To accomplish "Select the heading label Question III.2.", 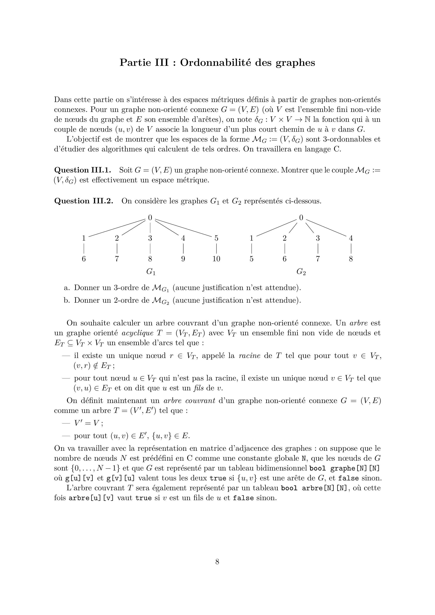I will pyautogui.click(x=84, y=201).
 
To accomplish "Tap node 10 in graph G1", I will pyautogui.click(x=216, y=259).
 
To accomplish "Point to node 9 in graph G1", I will pyautogui.click(x=183, y=259).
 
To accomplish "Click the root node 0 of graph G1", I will pyautogui.click(x=150, y=217).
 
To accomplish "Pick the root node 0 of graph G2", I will pyautogui.click(x=301, y=218).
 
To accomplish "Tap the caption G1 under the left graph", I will pyautogui.click(x=151, y=272).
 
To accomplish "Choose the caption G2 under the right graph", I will pyautogui.click(x=301, y=272).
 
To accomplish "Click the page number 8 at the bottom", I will pyautogui.click(x=217, y=561).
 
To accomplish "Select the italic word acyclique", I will pyautogui.click(x=137, y=333).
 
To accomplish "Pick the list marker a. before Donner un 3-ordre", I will pyautogui.click(x=67, y=288).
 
